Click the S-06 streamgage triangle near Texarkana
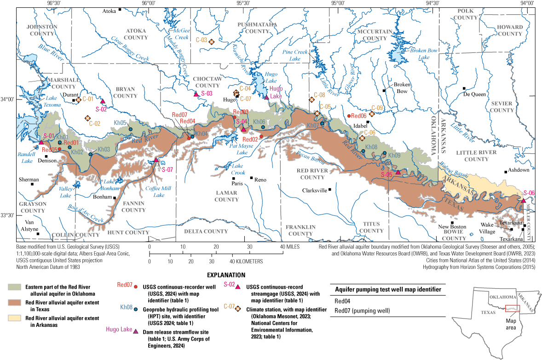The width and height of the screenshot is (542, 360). click(x=524, y=200)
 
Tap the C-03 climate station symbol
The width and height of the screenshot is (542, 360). click(x=212, y=42)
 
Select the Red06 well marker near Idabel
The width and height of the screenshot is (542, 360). click(x=349, y=116)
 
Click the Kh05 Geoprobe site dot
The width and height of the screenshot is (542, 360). click(x=131, y=129)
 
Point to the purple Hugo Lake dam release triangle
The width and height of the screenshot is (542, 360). click(x=266, y=97)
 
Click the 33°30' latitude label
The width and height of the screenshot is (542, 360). click(x=8, y=215)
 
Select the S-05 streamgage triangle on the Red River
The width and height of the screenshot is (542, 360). click(x=398, y=172)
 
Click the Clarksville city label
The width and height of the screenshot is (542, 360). click(x=314, y=190)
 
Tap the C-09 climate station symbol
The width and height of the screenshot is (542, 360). click(x=372, y=114)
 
